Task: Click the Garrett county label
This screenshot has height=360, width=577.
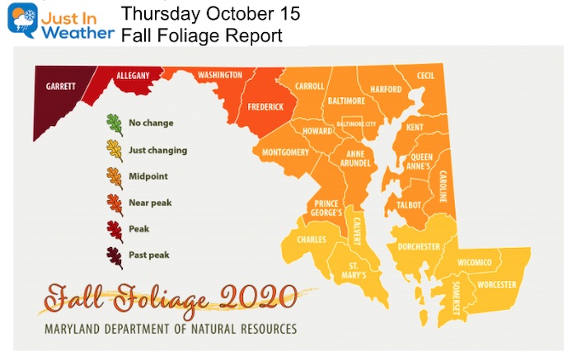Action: (62, 86)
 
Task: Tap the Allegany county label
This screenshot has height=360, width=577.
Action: (133, 76)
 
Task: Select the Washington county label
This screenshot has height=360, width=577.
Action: (220, 76)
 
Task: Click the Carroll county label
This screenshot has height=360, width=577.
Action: (310, 86)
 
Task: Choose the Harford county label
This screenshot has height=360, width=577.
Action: (385, 89)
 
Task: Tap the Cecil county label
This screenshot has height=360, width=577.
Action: (426, 76)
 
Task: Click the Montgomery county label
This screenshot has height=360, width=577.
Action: (285, 153)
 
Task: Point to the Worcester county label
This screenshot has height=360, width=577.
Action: (495, 285)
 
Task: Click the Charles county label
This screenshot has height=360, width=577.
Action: (312, 240)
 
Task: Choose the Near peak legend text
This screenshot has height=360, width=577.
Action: (150, 203)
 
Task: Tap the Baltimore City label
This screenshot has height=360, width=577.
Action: (355, 124)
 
